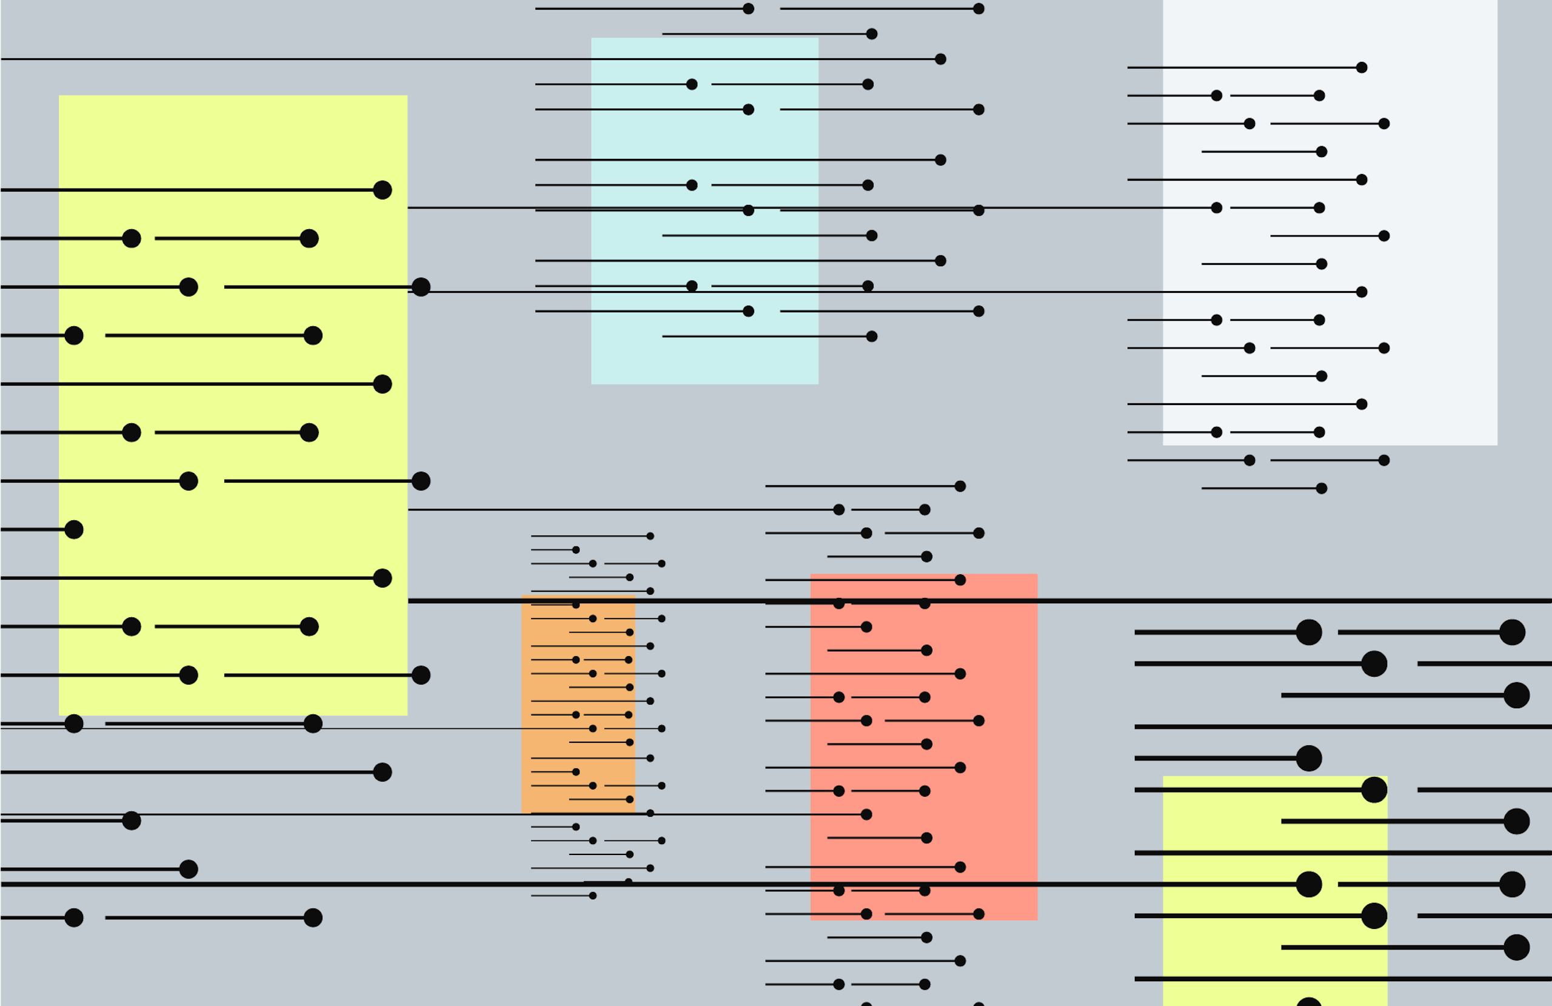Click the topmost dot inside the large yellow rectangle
pos(382,190)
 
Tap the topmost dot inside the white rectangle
pos(1362,68)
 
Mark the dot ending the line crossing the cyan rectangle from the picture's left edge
pos(940,59)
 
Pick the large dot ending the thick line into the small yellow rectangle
pos(1309,884)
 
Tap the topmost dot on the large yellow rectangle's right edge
pos(421,287)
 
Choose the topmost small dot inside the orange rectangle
pos(576,605)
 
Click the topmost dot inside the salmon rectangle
pos(960,580)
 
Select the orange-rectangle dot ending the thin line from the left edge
pos(593,728)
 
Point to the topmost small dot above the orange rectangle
pos(650,535)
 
